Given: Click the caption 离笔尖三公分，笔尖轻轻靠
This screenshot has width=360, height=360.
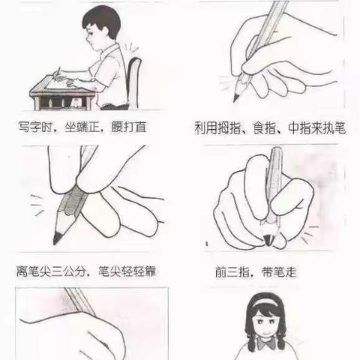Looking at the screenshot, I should click(x=87, y=270).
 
